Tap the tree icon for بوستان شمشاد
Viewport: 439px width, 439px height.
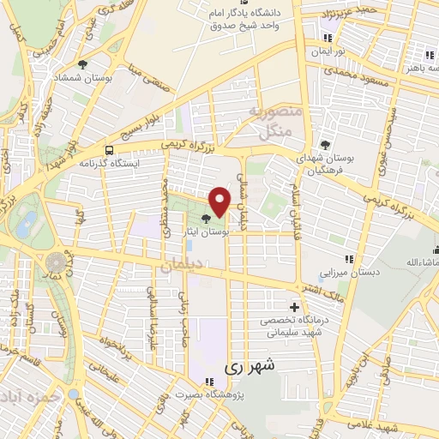click(82, 64)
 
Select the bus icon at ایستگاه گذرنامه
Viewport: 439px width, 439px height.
click(107, 147)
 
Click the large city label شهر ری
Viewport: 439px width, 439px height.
click(252, 366)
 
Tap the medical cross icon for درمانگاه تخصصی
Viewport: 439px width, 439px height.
click(295, 307)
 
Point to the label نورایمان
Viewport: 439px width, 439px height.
click(328, 52)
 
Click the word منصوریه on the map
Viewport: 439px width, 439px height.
click(273, 112)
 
